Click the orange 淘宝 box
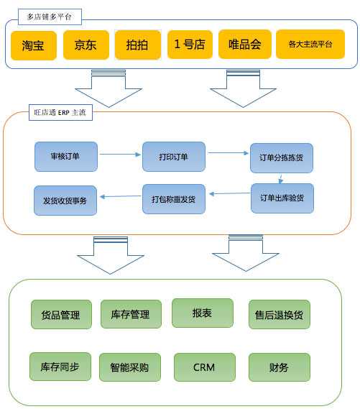32,45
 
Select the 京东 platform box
84,45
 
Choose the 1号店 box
190,45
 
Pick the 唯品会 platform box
244,45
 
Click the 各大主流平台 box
310,45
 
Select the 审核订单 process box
65,157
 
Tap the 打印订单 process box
173,157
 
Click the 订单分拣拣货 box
281,159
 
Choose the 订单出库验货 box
282,198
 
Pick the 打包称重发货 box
173,199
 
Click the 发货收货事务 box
65,201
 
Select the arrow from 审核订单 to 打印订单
119,154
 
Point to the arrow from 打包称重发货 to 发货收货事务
119,196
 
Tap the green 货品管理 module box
61,314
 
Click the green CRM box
204,367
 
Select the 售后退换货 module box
279,314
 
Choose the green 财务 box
279,367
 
